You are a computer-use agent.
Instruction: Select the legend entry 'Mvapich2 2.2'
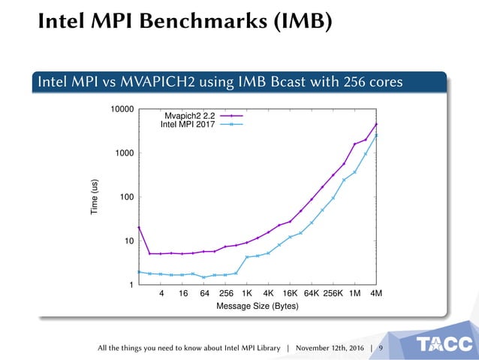pyautogui.click(x=189, y=116)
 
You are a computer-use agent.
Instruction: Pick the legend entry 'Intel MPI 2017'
pyautogui.click(x=188, y=125)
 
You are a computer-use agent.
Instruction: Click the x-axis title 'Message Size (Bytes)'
pyautogui.click(x=258, y=307)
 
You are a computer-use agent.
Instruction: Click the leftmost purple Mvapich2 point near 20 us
pyautogui.click(x=139, y=227)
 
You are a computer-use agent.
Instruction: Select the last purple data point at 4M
pyautogui.click(x=376, y=125)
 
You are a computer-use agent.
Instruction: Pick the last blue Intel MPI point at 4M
pyautogui.click(x=376, y=136)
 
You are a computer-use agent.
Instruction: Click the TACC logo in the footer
pyautogui.click(x=444, y=344)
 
